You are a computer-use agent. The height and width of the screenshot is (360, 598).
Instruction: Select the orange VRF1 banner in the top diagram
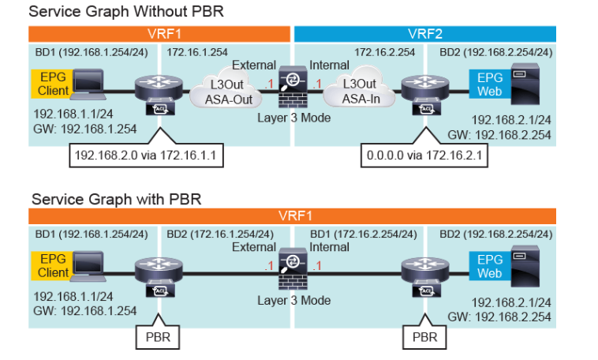click(160, 34)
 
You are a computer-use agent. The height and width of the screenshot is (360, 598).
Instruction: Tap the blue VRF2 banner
click(424, 34)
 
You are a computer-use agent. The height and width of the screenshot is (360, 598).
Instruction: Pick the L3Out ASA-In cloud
click(359, 92)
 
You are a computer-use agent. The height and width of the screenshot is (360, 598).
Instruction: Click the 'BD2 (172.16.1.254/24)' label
click(221, 234)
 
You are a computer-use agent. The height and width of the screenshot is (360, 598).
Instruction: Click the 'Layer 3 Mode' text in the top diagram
click(293, 118)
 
